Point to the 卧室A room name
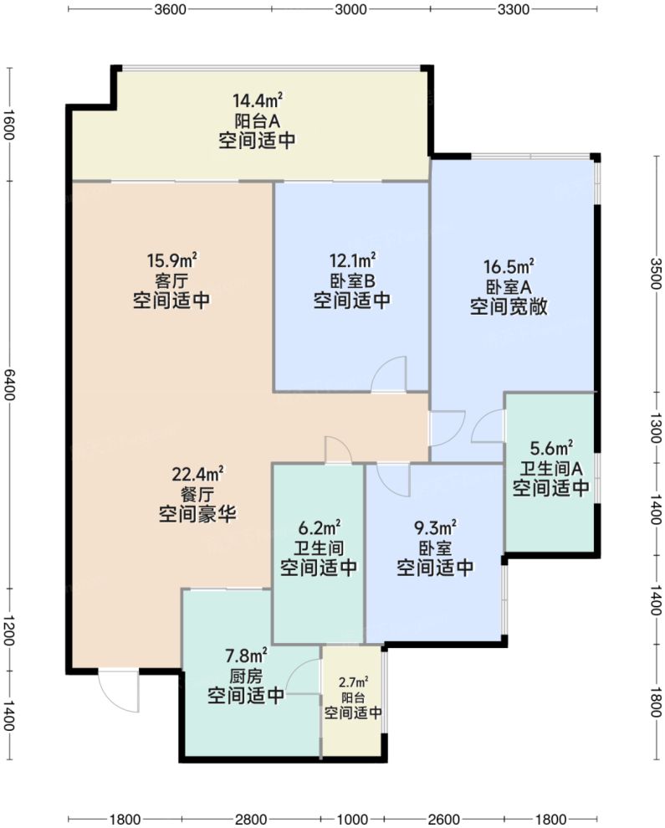509,287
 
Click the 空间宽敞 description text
508,306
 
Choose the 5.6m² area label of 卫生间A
551,450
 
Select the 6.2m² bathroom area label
318,528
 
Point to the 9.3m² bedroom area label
435,528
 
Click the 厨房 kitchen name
245,676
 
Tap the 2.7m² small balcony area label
353,682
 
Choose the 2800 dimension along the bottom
251,818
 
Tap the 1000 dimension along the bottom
352,818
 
